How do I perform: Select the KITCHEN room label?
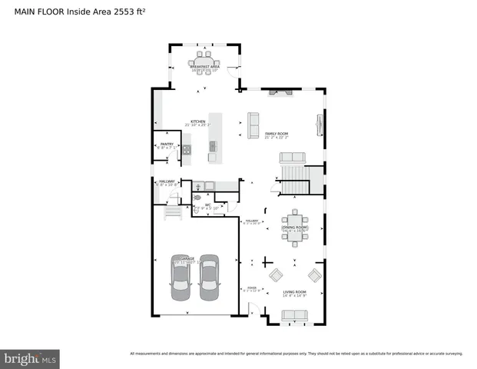click(198, 122)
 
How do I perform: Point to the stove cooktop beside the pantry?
click(186, 151)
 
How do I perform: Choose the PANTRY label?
click(167, 144)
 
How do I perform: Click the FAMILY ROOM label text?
click(276, 135)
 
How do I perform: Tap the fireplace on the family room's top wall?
click(280, 92)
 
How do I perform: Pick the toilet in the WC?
click(196, 207)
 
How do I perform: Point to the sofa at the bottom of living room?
click(295, 315)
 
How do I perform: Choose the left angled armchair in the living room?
click(274, 277)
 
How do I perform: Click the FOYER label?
click(252, 291)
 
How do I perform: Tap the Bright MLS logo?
click(31, 358)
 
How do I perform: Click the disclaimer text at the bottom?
click(296, 354)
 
